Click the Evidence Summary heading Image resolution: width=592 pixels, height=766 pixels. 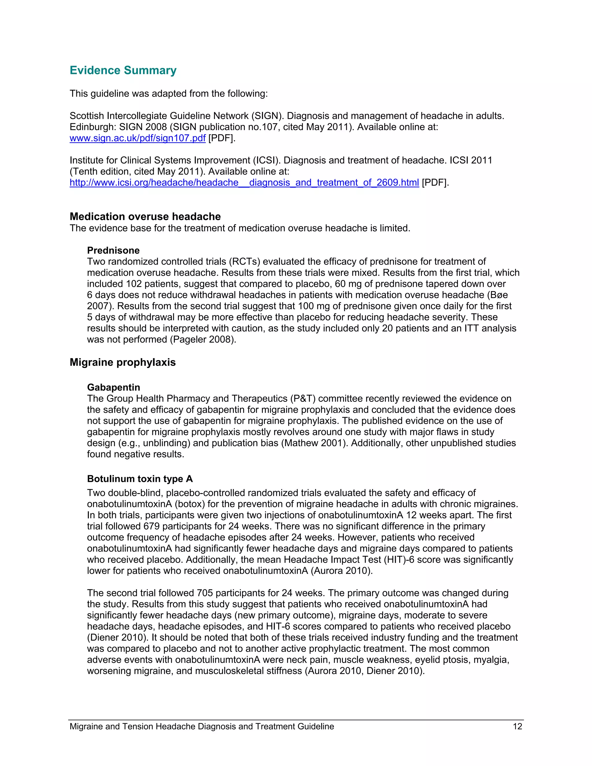123,70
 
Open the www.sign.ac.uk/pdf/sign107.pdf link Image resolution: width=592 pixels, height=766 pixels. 138,138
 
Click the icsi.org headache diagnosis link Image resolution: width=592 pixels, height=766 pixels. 244,183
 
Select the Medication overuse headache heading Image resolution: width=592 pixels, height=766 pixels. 145,217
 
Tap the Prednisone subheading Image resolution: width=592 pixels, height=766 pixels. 113,250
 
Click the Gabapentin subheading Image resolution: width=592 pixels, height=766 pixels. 114,387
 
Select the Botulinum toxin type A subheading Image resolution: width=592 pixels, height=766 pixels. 140,479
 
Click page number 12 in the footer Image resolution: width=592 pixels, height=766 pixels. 517,726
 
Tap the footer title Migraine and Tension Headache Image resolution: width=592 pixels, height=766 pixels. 202,726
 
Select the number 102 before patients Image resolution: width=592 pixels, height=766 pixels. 134,284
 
